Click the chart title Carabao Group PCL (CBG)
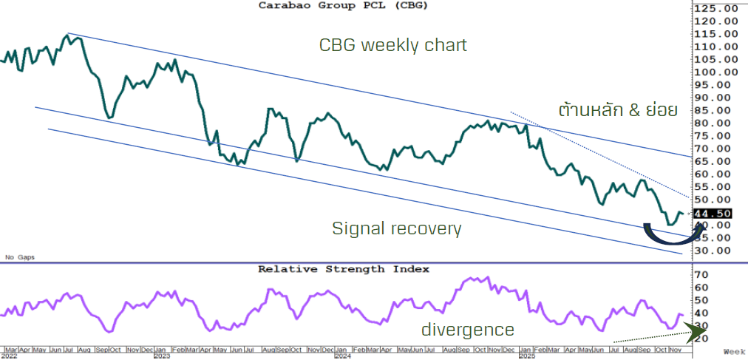pos(343,5)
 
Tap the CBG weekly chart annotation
pos(392,45)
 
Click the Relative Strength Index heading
pos(343,269)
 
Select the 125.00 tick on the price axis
pos(715,8)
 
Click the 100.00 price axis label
pos(715,72)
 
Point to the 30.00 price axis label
pos(715,251)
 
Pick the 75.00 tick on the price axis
pos(715,136)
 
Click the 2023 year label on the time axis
pos(162,356)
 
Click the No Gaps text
pos(20,257)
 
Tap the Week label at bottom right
pos(735,351)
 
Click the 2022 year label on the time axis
pos(11,356)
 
